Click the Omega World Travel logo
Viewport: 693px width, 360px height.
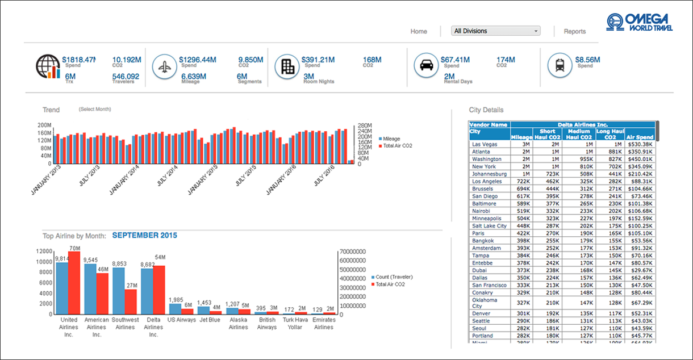tap(639, 23)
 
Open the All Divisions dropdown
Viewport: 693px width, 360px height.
tap(495, 31)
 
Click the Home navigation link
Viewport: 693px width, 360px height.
tap(419, 31)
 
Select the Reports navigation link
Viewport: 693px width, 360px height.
tap(574, 31)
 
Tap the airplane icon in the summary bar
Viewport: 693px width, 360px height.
tap(164, 66)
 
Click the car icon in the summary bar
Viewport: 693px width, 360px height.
tap(425, 65)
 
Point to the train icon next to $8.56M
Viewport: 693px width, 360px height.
tap(560, 65)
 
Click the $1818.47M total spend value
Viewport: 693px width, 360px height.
tap(79, 59)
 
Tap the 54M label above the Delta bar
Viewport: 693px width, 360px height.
tap(160, 257)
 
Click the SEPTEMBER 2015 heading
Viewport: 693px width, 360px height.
tap(144, 235)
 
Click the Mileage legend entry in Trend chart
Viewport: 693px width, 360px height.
tap(391, 139)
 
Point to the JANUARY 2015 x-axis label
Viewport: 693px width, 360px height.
tap(202, 179)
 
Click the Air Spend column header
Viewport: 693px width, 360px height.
tap(640, 137)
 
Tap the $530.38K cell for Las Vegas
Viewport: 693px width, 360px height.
tap(640, 144)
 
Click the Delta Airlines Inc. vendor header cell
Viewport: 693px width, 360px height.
tap(582, 124)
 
